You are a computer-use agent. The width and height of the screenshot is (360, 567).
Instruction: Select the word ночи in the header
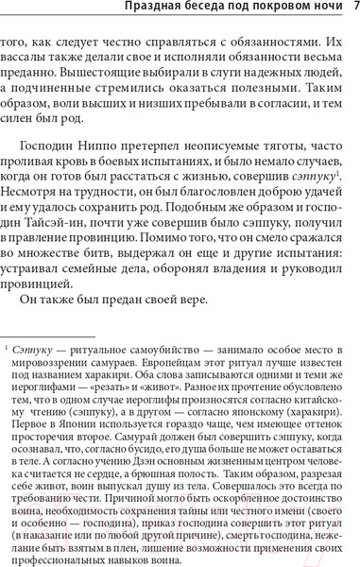pyautogui.click(x=322, y=9)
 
